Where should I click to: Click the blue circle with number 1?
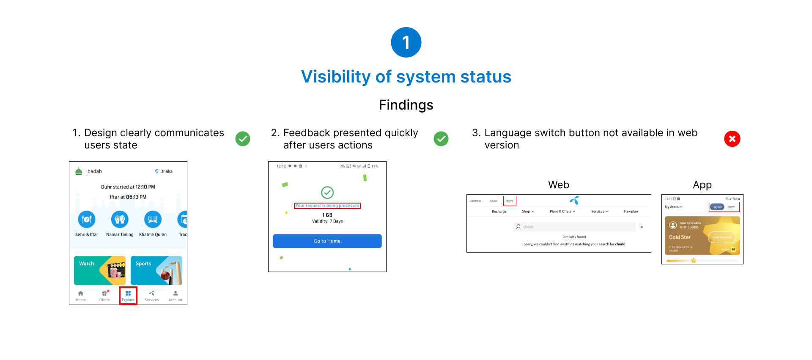pyautogui.click(x=406, y=42)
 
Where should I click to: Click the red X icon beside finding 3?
pyautogui.click(x=732, y=139)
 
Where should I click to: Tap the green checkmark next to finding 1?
pyautogui.click(x=243, y=139)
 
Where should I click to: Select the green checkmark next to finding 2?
pyautogui.click(x=441, y=139)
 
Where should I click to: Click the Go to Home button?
pyautogui.click(x=327, y=241)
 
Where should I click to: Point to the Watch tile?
pyautogui.click(x=100, y=270)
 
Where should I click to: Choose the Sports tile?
pyautogui.click(x=156, y=270)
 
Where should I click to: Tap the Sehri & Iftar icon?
pyautogui.click(x=87, y=220)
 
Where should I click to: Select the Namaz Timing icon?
pyautogui.click(x=120, y=220)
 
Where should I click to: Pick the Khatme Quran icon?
pyautogui.click(x=153, y=220)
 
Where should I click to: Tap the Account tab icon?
pyautogui.click(x=176, y=293)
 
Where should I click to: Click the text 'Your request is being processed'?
pyautogui.click(x=327, y=206)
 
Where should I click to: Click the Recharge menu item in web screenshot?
pyautogui.click(x=499, y=212)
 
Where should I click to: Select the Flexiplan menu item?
pyautogui.click(x=631, y=212)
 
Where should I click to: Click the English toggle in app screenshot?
pyautogui.click(x=717, y=207)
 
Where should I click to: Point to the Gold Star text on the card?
pyautogui.click(x=680, y=237)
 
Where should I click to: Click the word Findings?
pyautogui.click(x=406, y=105)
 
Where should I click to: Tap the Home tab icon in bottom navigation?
pyautogui.click(x=81, y=293)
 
